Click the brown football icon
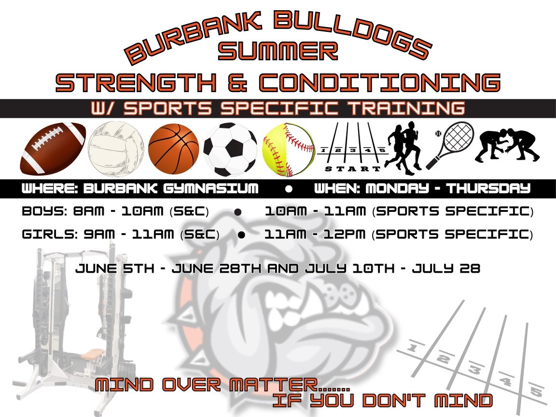pos(53,149)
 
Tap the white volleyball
pos(116,149)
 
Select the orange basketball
pos(173,149)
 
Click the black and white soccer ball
pos(231,149)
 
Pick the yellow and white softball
pos(288,150)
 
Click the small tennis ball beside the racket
pos(438,134)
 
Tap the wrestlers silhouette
pos(507,145)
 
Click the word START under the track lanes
pos(352,169)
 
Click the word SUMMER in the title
pos(278,51)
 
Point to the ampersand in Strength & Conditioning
pos(237,83)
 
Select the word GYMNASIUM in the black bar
pos(210,189)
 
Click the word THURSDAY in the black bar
pos(488,188)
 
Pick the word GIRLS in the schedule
pos(49,234)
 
